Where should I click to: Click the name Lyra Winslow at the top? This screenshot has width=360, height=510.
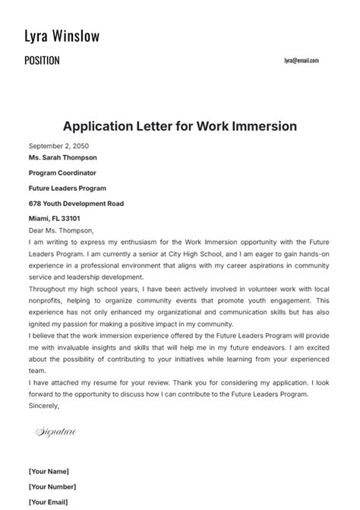pyautogui.click(x=62, y=36)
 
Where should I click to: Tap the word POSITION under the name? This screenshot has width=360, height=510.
pyautogui.click(x=42, y=61)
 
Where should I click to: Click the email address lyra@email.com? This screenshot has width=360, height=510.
pyautogui.click(x=302, y=61)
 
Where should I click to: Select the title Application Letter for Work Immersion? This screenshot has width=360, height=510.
pyautogui.click(x=180, y=126)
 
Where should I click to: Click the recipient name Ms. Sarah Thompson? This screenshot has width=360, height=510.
pyautogui.click(x=63, y=157)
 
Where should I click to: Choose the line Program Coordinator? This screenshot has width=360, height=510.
pyautogui.click(x=62, y=173)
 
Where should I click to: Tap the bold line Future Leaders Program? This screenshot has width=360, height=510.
pyautogui.click(x=68, y=188)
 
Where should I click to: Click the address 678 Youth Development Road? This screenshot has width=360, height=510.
pyautogui.click(x=76, y=204)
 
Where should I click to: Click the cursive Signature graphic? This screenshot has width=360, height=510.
pyautogui.click(x=56, y=432)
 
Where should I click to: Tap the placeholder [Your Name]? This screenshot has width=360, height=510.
pyautogui.click(x=49, y=471)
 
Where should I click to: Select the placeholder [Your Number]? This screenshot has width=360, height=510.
pyautogui.click(x=52, y=486)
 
